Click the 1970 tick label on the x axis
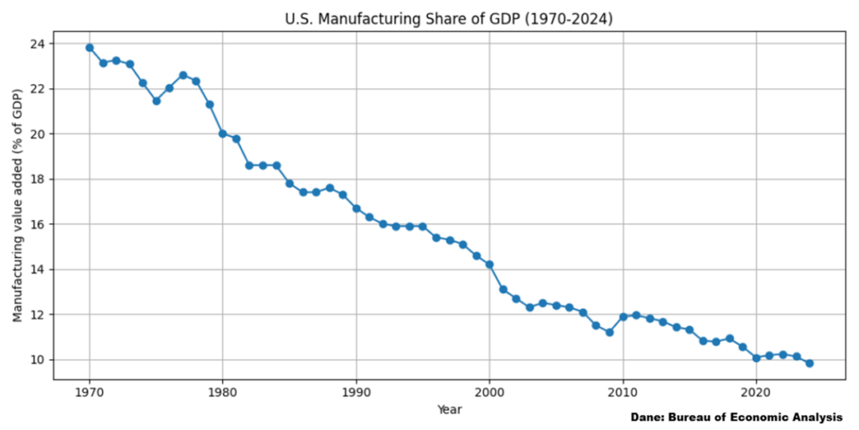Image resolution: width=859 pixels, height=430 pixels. pyautogui.click(x=89, y=391)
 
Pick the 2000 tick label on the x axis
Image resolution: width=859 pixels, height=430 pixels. pyautogui.click(x=489, y=391)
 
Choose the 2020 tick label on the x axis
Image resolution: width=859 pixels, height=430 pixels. pyautogui.click(x=756, y=391)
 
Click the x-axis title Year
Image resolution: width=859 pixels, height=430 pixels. pyautogui.click(x=449, y=409)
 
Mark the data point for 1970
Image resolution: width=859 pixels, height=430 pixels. pyautogui.click(x=89, y=48)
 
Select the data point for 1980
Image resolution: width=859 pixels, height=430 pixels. pyautogui.click(x=222, y=134)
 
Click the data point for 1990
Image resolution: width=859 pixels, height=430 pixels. pyautogui.click(x=357, y=208)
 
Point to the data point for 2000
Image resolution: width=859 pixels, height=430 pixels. pyautogui.click(x=489, y=265)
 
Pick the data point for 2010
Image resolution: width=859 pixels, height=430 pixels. pyautogui.click(x=623, y=317)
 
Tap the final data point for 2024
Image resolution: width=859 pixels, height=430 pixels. pyautogui.click(x=810, y=363)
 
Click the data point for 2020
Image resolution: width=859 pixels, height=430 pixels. pyautogui.click(x=756, y=358)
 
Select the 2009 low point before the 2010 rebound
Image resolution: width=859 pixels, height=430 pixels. pyautogui.click(x=610, y=333)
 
